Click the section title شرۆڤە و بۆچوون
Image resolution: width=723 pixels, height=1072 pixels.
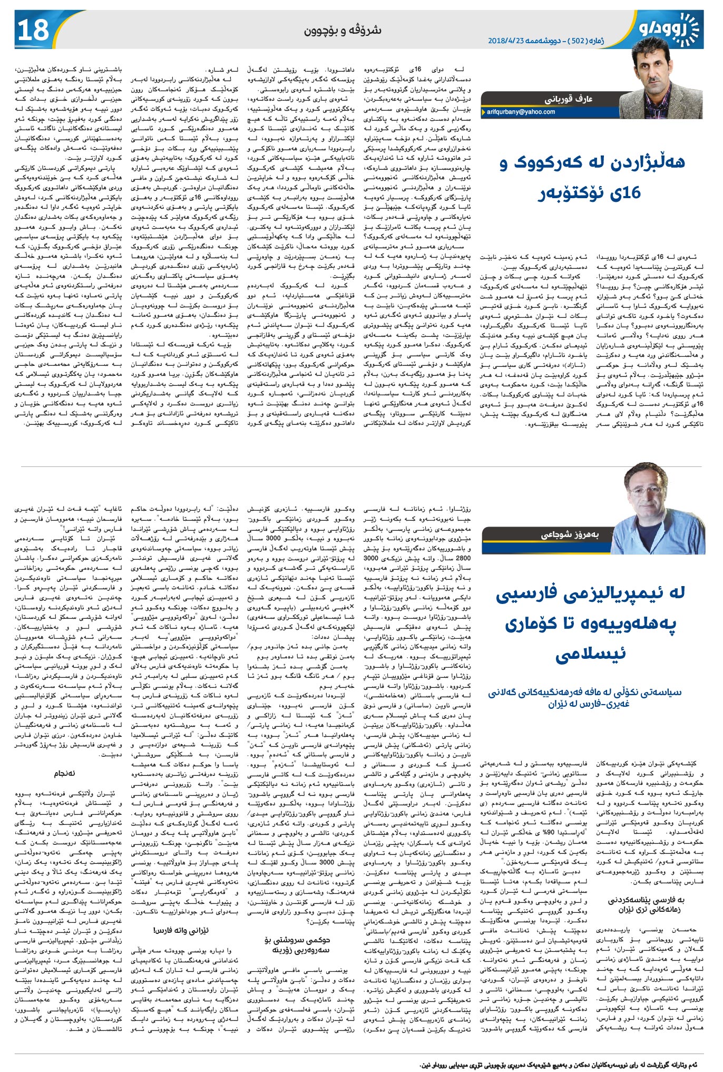[x=343, y=30]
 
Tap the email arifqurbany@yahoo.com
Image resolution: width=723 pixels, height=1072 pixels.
[x=521, y=112]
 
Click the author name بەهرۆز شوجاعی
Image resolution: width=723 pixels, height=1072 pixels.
[x=570, y=534]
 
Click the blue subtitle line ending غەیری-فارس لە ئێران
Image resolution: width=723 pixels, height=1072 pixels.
[x=585, y=704]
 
